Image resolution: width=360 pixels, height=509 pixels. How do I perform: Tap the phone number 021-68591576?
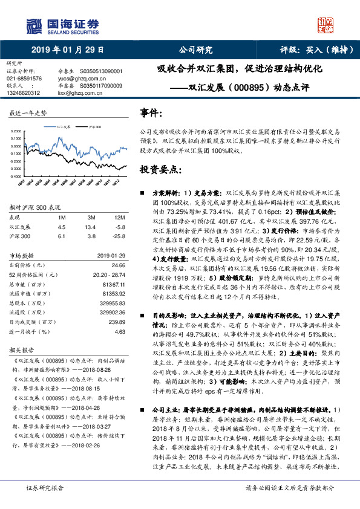tap(24, 79)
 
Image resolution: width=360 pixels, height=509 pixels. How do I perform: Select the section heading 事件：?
tap(151, 113)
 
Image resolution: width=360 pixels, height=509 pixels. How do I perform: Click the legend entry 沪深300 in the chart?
tap(94, 127)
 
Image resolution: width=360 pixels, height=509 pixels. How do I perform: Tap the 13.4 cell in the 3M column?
tap(92, 227)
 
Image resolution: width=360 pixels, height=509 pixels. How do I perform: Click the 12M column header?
tap(120, 218)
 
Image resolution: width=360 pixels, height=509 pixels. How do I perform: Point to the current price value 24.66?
tap(119, 265)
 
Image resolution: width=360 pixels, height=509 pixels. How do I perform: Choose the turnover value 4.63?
tap(120, 331)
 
